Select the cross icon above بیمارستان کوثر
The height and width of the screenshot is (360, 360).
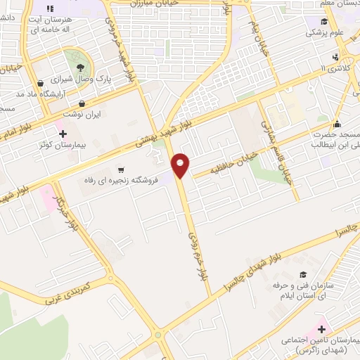[x=63, y=134]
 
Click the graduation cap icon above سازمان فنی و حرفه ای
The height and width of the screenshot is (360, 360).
[x=303, y=274]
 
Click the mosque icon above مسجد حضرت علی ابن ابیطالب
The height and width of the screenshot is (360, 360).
[x=337, y=122]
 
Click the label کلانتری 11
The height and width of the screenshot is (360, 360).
[x=333, y=68]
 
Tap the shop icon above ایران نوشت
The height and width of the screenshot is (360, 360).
[x=82, y=103]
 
